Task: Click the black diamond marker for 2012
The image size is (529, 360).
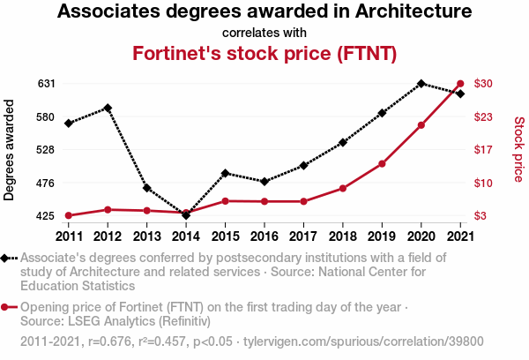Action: [x=108, y=108]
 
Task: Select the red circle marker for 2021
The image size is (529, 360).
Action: [x=460, y=84]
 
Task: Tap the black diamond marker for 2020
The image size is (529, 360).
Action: [x=421, y=84]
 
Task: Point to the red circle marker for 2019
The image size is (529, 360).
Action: [x=382, y=164]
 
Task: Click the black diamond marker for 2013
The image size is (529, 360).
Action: [x=146, y=188]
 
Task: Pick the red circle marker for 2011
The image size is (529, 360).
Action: [x=68, y=215]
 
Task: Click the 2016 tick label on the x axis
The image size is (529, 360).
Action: [x=264, y=236]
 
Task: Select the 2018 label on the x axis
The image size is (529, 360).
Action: [x=343, y=236]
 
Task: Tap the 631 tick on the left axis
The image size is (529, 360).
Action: [x=47, y=84]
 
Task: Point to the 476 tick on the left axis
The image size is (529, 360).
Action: [x=47, y=183]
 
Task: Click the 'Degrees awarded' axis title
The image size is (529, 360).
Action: [x=10, y=150]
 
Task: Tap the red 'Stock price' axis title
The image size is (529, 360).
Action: [x=518, y=150]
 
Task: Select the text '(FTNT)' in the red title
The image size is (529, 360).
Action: [x=361, y=53]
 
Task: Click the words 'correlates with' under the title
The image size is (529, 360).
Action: [x=264, y=33]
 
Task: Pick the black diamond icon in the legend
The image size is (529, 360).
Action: [x=7, y=258]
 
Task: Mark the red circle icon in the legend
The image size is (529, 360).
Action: [x=7, y=307]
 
